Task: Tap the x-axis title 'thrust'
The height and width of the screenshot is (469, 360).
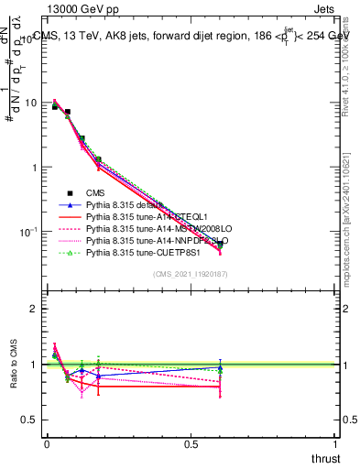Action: (324, 458)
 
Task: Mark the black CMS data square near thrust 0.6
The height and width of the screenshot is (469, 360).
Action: (220, 245)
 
